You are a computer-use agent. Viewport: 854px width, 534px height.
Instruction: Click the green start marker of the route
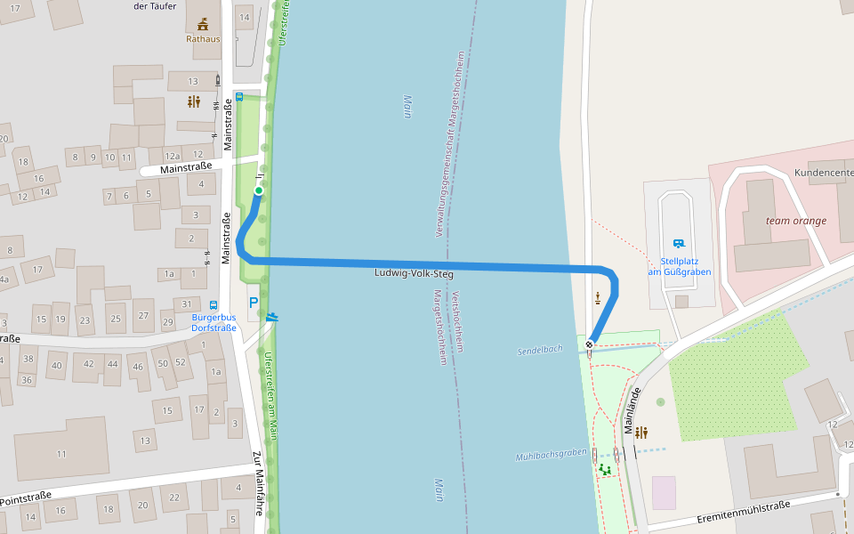[259, 190]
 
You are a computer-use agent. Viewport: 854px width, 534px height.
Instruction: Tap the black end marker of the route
[589, 344]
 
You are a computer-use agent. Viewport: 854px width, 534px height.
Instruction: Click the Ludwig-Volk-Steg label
[414, 274]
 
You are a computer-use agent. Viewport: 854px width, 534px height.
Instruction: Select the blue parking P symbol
[254, 303]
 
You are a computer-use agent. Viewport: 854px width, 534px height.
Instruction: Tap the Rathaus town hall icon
[203, 24]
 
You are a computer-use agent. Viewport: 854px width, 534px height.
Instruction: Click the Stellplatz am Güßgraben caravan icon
[680, 243]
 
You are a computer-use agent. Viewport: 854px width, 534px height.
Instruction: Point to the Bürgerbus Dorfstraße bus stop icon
[214, 304]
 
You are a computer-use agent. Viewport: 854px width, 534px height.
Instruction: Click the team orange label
[796, 221]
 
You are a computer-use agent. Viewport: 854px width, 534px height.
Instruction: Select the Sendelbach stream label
[540, 350]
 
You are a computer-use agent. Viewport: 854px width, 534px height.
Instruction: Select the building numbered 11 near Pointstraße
[61, 454]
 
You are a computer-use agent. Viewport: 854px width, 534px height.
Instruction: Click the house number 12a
[173, 157]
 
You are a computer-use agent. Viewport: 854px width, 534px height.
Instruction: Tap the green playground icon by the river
[605, 469]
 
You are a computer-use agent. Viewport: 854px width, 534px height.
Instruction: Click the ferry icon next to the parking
[271, 316]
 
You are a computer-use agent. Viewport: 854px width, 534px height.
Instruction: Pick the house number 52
[180, 362]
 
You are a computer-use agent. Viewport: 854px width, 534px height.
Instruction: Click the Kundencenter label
[824, 173]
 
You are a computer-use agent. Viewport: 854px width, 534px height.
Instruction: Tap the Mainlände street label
[633, 412]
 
